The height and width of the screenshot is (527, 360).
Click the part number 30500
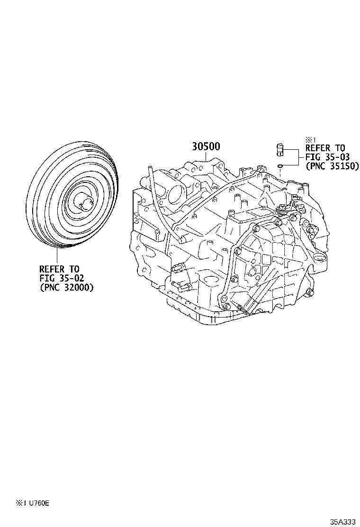(206, 147)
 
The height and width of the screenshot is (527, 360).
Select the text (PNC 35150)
(332, 166)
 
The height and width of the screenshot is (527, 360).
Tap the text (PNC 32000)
(66, 287)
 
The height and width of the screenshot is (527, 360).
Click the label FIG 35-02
(62, 278)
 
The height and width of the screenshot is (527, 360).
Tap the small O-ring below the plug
(280, 166)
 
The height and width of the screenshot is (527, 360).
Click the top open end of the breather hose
(148, 167)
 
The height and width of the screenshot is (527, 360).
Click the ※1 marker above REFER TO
(310, 139)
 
